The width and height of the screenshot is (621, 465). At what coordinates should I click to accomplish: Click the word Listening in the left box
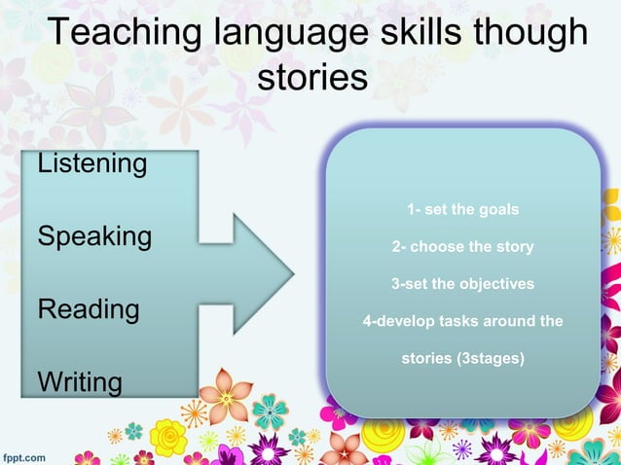point(91,163)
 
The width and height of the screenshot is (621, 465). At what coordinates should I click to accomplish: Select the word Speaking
point(93,237)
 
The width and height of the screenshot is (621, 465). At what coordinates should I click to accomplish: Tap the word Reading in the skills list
point(88,310)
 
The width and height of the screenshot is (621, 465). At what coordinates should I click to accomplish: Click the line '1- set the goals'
point(462,210)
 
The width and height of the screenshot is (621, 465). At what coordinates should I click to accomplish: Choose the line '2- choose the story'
point(462,247)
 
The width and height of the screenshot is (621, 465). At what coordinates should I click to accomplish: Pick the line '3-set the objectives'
point(462,284)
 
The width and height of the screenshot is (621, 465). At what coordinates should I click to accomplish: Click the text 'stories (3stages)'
point(462,358)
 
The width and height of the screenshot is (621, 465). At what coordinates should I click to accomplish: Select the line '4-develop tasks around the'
point(462,321)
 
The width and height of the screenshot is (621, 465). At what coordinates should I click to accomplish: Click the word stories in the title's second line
point(311,77)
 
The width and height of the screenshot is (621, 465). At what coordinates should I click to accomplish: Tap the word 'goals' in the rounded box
point(499,210)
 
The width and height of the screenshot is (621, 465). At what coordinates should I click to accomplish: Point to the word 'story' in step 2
point(514,247)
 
